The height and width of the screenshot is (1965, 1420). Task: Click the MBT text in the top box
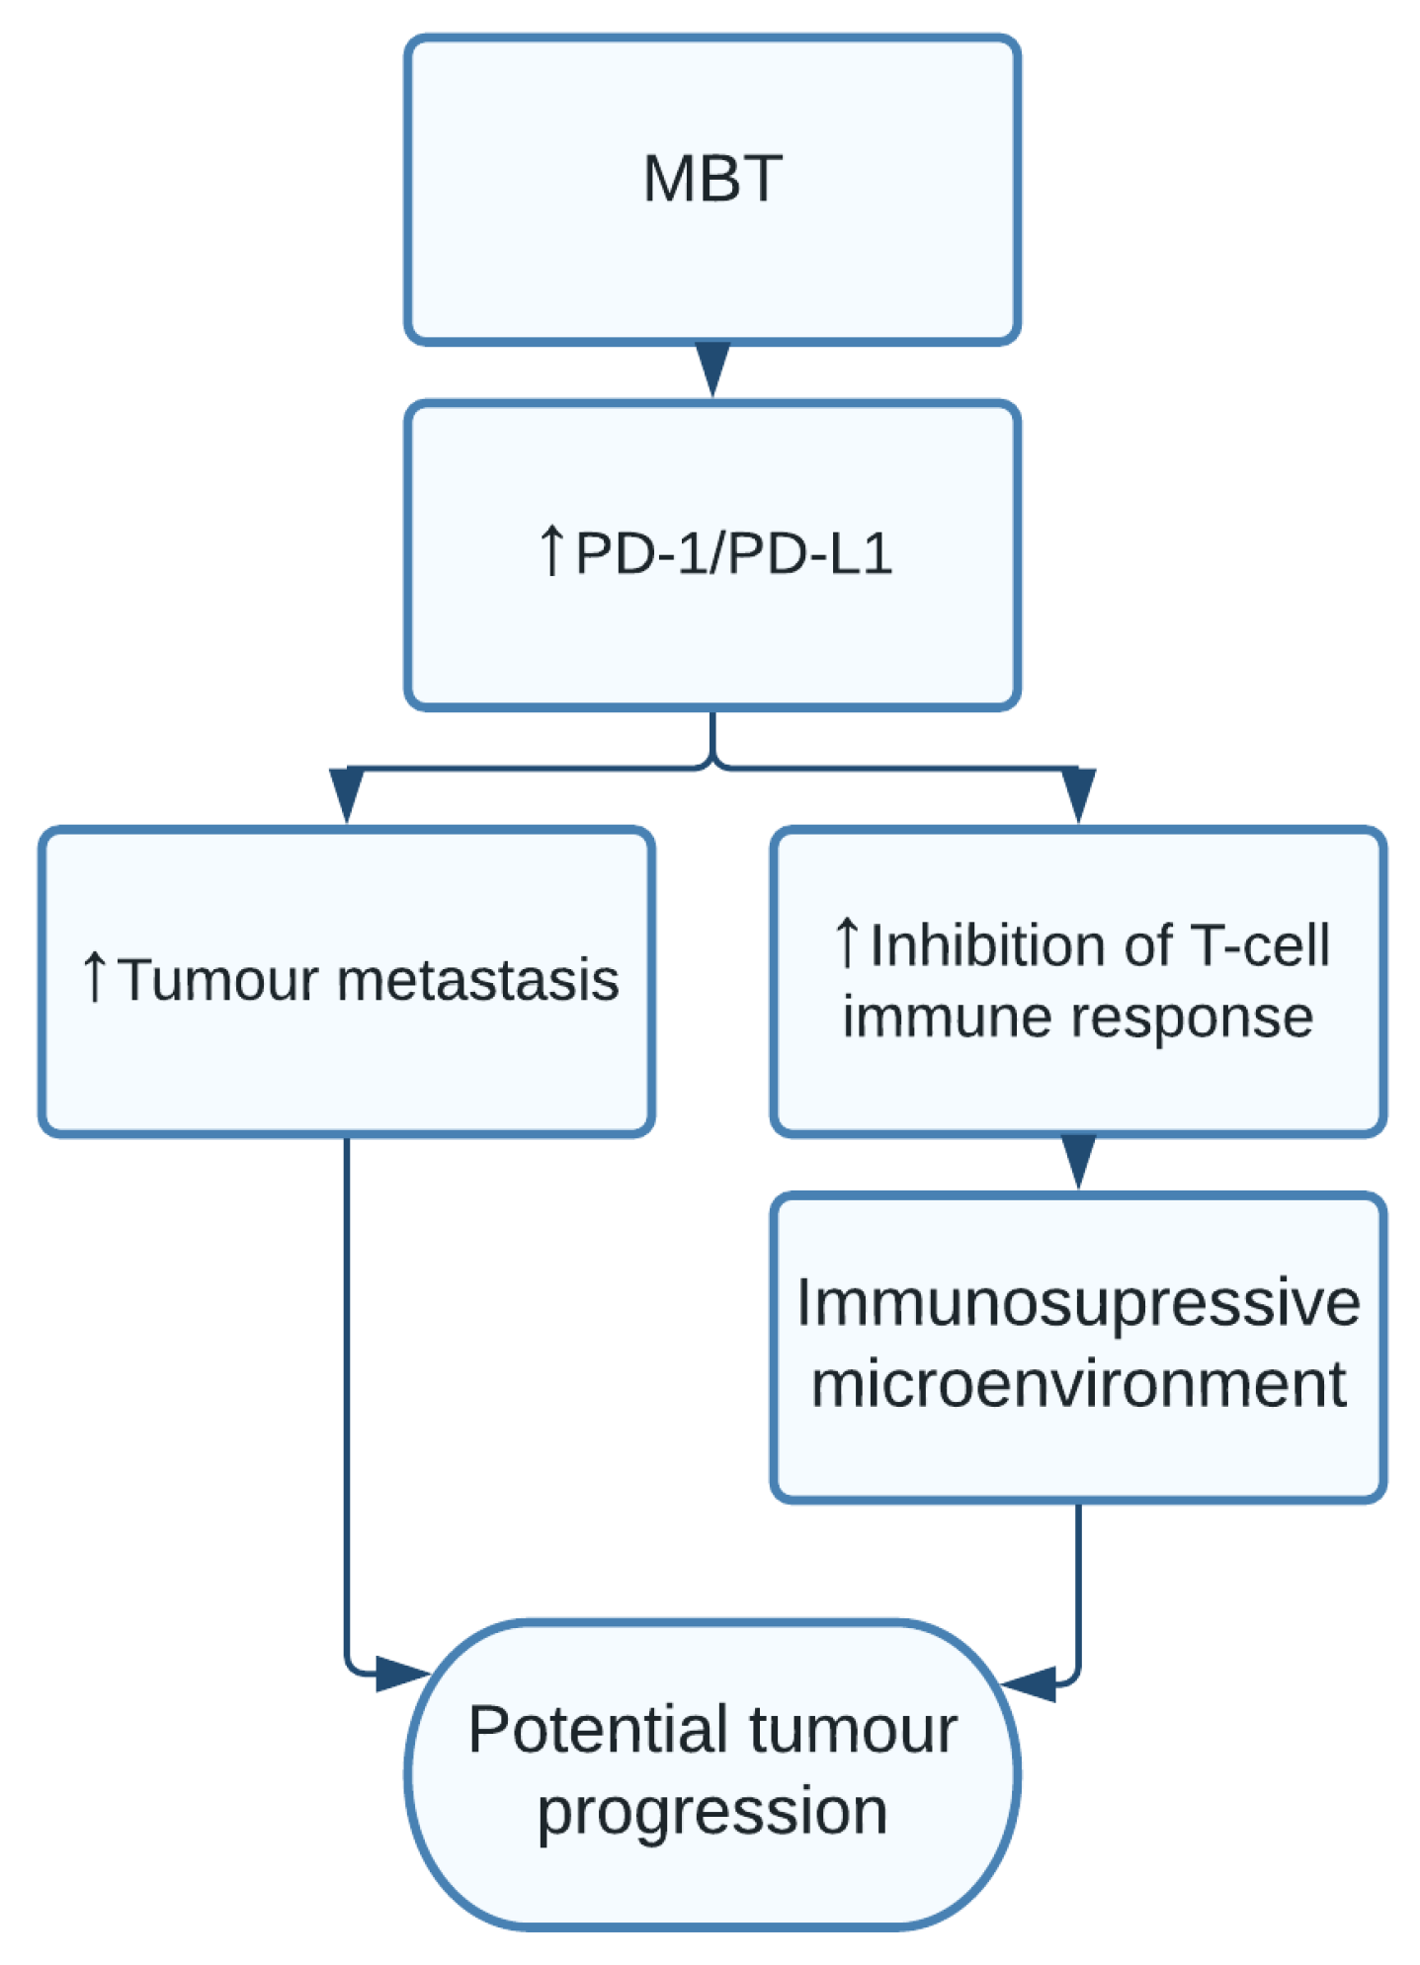tap(711, 179)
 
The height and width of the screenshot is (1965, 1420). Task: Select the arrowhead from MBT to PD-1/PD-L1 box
tap(711, 368)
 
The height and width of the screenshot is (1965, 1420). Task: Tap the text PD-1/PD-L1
tap(733, 552)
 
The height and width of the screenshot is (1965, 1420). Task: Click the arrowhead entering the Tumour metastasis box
tap(346, 793)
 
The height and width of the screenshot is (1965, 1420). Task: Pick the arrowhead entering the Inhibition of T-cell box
tap(1078, 793)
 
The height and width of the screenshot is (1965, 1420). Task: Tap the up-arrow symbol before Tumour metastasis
tap(94, 977)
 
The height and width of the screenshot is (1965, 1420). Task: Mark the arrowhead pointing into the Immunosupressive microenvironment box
tap(1078, 1160)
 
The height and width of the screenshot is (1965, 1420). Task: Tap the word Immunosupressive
tap(1078, 1302)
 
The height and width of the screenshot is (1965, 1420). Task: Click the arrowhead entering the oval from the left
tap(399, 1675)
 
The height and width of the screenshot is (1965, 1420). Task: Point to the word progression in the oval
tap(711, 1811)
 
